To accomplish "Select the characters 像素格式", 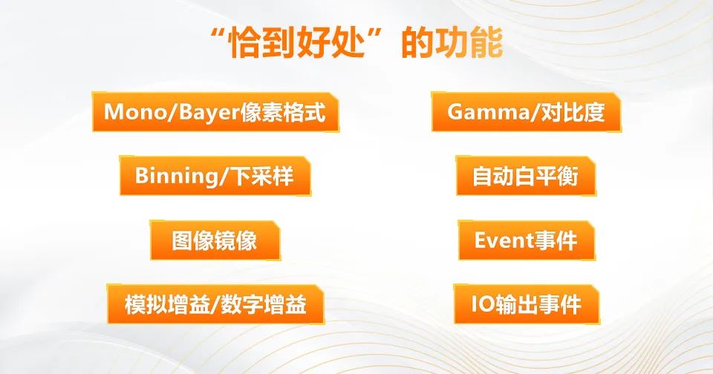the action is pyautogui.click(x=283, y=112).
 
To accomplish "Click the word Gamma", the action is pyautogui.click(x=488, y=112).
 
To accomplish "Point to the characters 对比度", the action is pyautogui.click(x=573, y=112).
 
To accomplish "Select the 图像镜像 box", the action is pyautogui.click(x=215, y=240).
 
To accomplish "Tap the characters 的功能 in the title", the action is pyautogui.click(x=452, y=43).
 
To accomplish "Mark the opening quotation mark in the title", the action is pyautogui.click(x=220, y=34).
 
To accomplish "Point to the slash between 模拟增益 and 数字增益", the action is pyautogui.click(x=215, y=305).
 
